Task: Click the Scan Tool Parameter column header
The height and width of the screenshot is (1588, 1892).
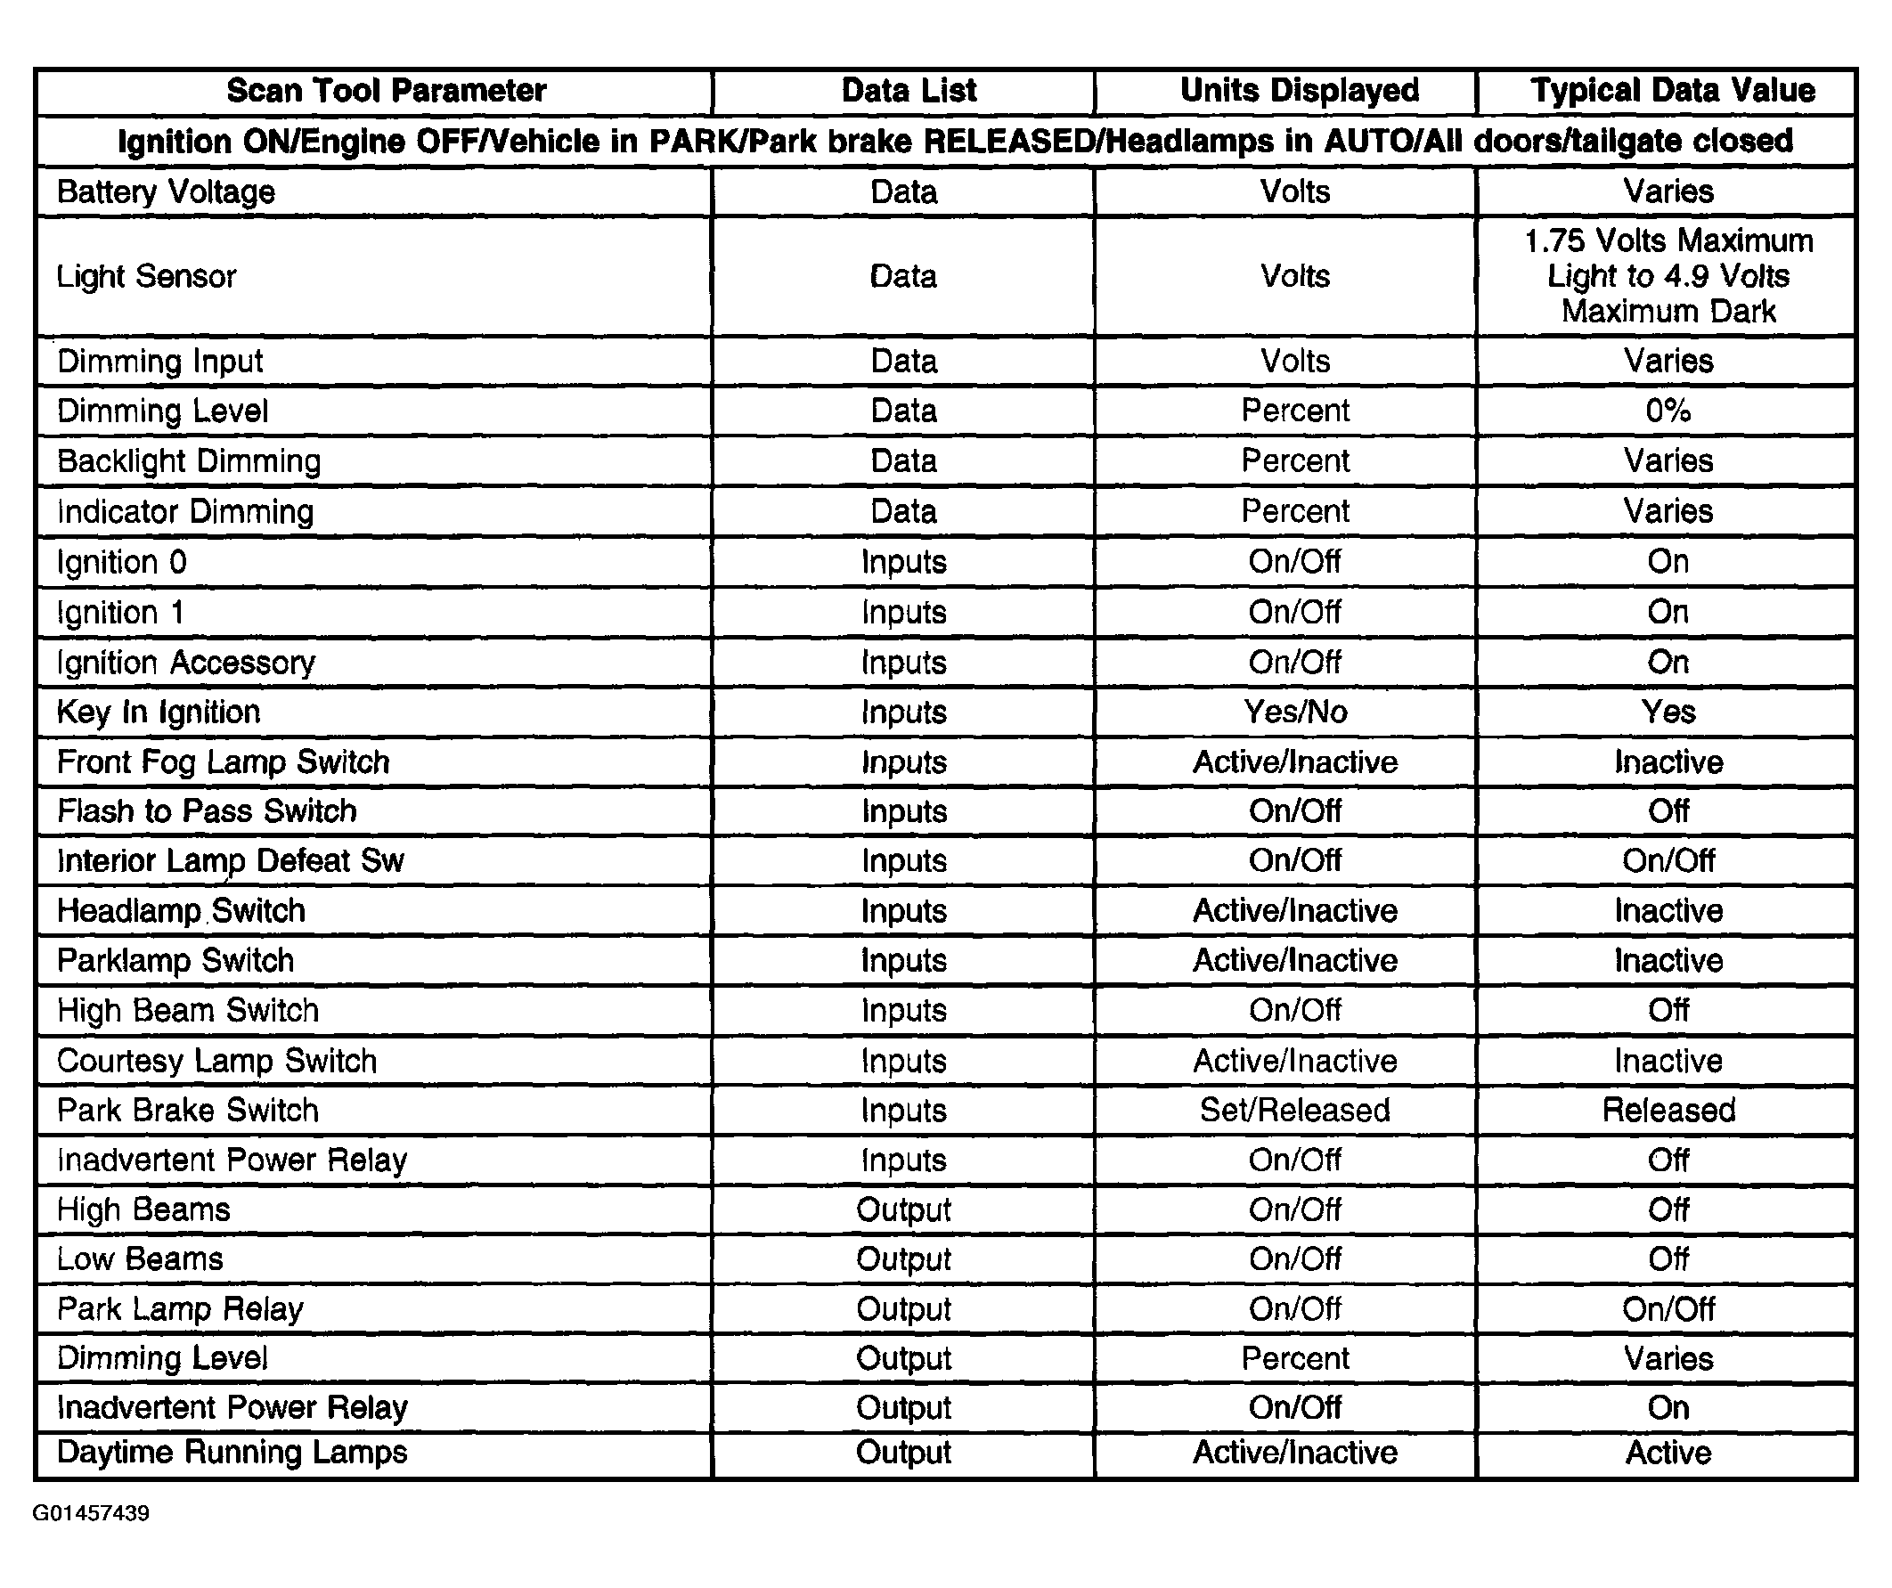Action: (386, 91)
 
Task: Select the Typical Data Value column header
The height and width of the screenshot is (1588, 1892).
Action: (1672, 91)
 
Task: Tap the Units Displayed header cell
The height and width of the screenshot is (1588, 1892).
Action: (1299, 91)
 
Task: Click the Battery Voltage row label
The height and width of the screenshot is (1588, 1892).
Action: (166, 191)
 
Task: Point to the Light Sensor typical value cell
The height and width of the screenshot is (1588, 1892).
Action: (1668, 275)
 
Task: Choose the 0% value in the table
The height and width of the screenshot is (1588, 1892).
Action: (1668, 411)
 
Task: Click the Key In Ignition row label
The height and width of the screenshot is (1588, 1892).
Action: (159, 713)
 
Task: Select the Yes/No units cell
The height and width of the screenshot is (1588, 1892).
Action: (1295, 713)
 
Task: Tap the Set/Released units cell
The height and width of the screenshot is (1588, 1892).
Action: (1294, 1110)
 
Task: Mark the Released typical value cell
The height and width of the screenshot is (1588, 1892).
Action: (1668, 1110)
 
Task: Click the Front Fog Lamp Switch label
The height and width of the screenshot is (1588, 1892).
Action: (224, 762)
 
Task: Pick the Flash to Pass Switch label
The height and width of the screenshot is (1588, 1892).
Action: (208, 811)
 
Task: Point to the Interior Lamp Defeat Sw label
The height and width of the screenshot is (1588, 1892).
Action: (231, 861)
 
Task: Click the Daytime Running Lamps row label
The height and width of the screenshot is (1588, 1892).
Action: (232, 1453)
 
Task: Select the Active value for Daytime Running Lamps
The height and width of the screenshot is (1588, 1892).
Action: (1668, 1453)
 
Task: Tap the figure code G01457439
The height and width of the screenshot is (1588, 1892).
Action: (91, 1513)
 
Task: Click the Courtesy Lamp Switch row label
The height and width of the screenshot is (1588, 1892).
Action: (217, 1061)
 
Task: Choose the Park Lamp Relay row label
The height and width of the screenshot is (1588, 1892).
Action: (180, 1308)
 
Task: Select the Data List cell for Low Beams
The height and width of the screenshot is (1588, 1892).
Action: (903, 1259)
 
